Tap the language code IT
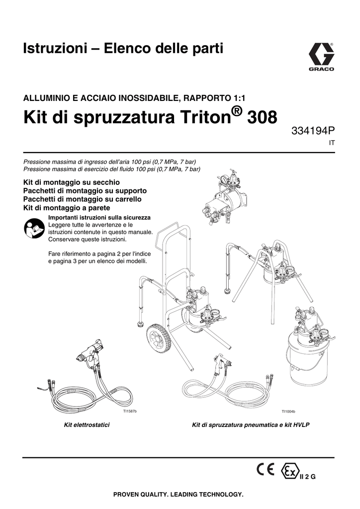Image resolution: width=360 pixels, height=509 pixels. (332, 143)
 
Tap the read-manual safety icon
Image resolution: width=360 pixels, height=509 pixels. (34, 228)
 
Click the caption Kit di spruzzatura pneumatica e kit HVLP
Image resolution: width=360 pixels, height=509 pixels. (251, 425)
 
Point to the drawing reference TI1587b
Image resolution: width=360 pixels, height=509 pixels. (130, 412)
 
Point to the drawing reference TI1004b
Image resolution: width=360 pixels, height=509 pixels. (288, 412)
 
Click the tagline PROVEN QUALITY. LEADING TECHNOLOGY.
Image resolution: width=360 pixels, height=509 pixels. (179, 495)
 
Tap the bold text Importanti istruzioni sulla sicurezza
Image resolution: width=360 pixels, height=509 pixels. (99, 218)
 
